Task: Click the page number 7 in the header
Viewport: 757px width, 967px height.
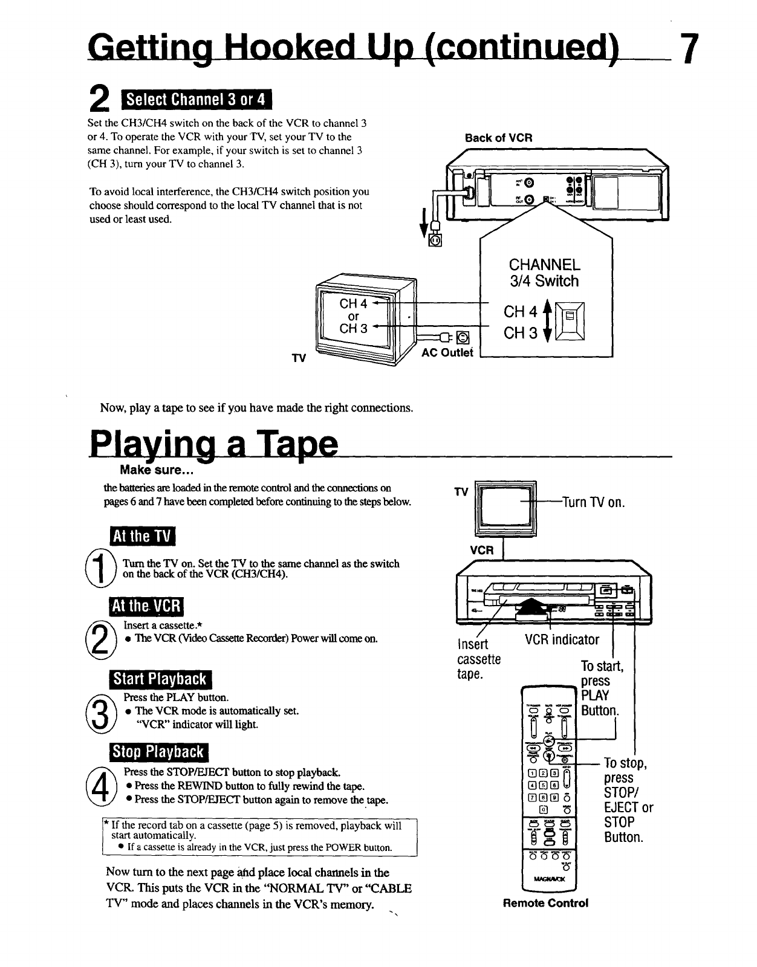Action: point(689,49)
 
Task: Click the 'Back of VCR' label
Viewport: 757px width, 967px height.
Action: point(498,138)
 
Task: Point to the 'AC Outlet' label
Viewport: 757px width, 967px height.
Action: point(447,353)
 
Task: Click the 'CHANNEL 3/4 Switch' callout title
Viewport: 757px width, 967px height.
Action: point(544,273)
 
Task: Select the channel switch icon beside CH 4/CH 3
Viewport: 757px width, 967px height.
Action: point(569,322)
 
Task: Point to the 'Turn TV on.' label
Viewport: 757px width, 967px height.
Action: point(593,502)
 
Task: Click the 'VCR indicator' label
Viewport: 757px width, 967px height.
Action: point(562,639)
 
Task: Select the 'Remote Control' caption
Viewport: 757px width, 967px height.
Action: point(545,903)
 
